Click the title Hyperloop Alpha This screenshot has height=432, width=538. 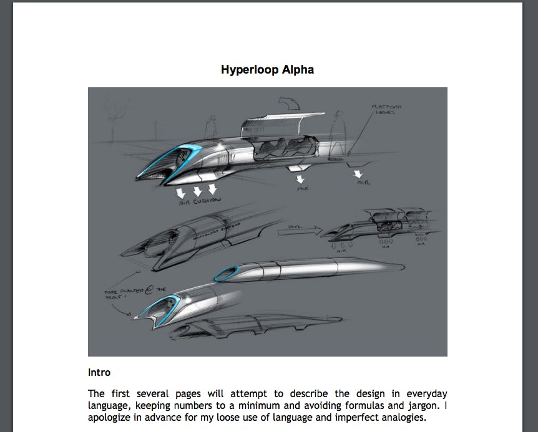click(267, 69)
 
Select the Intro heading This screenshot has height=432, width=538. click(99, 373)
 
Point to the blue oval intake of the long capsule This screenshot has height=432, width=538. click(229, 272)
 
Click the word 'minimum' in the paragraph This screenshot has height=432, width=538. click(243, 406)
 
